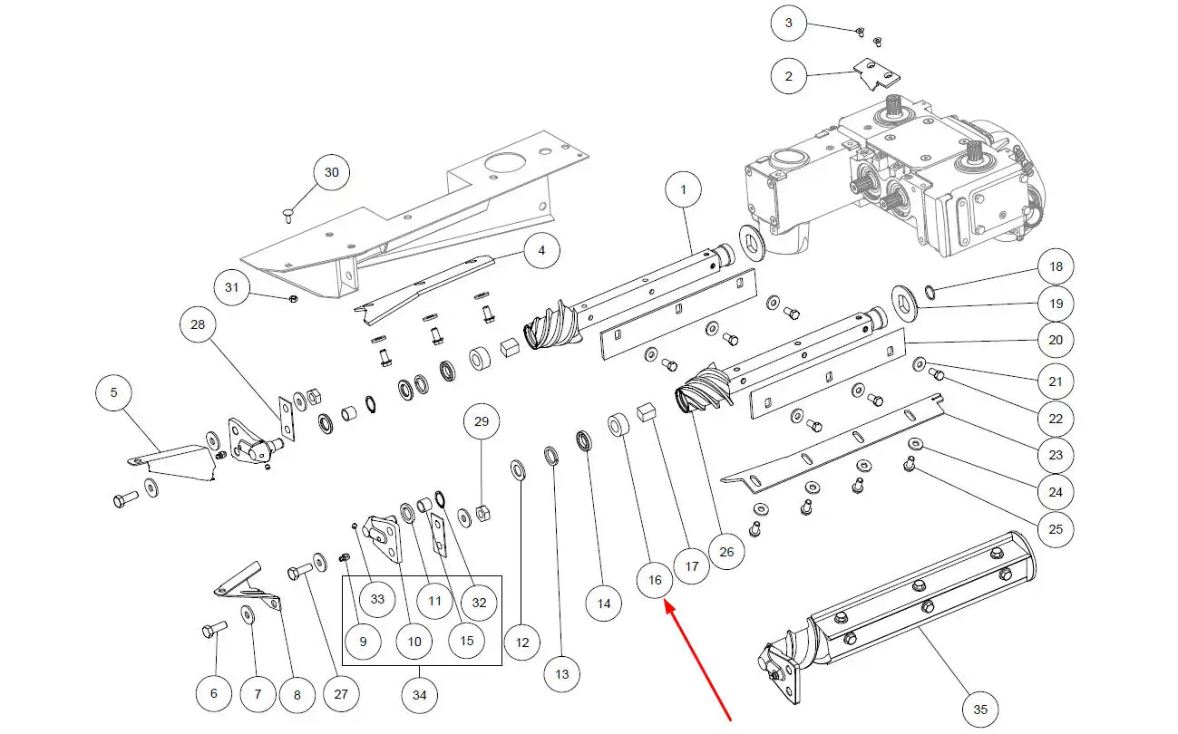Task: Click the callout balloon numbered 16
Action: pyautogui.click(x=656, y=578)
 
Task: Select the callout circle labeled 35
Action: pyautogui.click(x=979, y=709)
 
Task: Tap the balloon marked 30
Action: pyautogui.click(x=331, y=172)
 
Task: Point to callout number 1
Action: pyautogui.click(x=683, y=190)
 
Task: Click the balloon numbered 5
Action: pyautogui.click(x=114, y=392)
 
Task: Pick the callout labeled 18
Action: pyautogui.click(x=1056, y=266)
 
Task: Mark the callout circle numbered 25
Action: pyautogui.click(x=1056, y=528)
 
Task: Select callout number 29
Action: pyautogui.click(x=482, y=421)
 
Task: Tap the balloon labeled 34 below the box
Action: pyautogui.click(x=420, y=696)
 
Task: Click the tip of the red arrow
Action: pyautogui.click(x=667, y=605)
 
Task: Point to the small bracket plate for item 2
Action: pyautogui.click(x=872, y=75)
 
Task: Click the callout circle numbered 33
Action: pyautogui.click(x=377, y=598)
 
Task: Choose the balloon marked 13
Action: pyautogui.click(x=562, y=673)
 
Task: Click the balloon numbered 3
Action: pyautogui.click(x=789, y=23)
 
